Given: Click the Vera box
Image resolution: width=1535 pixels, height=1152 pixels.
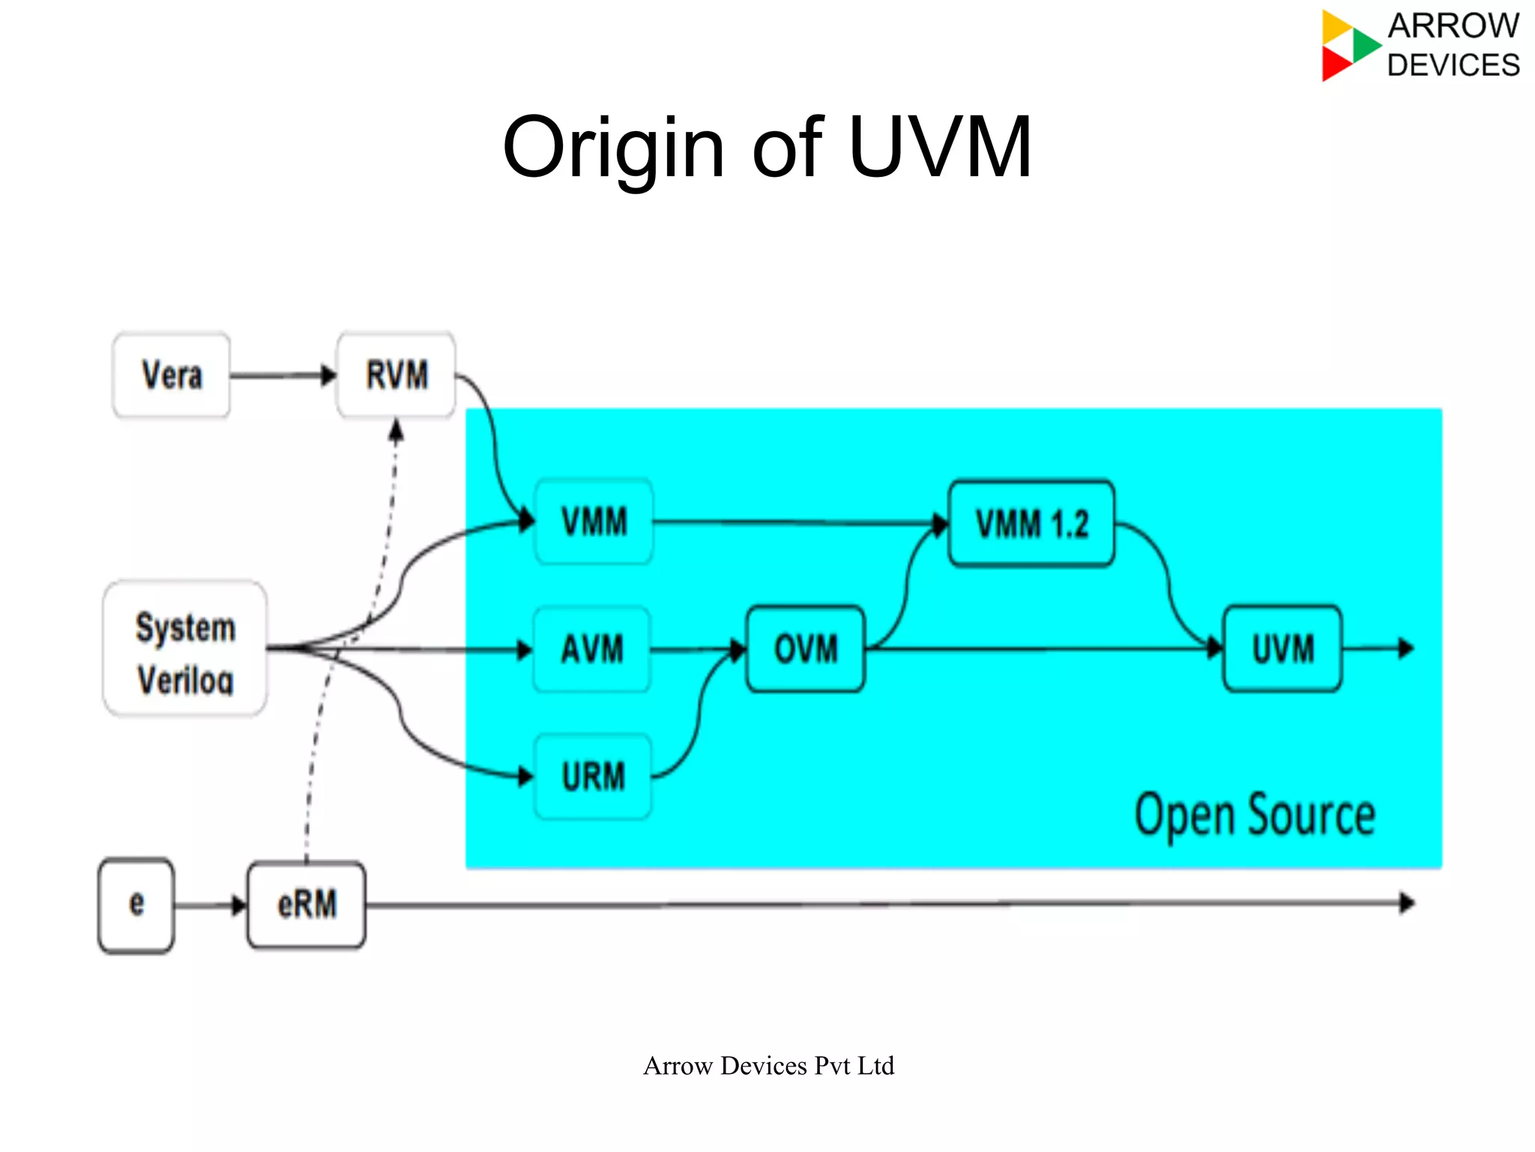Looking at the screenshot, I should (x=172, y=375).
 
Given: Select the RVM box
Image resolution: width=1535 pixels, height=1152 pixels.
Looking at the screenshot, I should (x=396, y=375).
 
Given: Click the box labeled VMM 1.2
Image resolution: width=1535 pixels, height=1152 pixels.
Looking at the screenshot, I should (x=1031, y=523).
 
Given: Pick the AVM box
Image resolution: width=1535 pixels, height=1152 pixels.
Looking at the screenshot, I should (x=591, y=649).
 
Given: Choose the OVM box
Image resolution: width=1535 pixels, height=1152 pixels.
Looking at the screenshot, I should (x=806, y=649).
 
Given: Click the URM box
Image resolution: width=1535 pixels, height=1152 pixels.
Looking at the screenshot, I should (x=593, y=776).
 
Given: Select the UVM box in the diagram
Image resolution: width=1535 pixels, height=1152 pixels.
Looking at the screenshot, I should (x=1282, y=649).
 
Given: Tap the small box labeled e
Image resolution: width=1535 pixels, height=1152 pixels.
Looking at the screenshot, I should (x=136, y=905).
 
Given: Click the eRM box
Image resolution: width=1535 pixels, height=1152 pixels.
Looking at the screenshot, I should (x=307, y=905).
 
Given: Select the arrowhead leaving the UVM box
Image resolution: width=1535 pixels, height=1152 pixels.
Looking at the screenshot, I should (x=1405, y=648).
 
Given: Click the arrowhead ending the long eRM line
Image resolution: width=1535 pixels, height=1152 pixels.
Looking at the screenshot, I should (x=1407, y=903).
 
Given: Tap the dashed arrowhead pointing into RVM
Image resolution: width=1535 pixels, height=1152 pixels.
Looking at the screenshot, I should (x=396, y=431).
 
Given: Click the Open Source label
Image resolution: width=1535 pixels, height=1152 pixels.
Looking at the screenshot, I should (x=1255, y=815).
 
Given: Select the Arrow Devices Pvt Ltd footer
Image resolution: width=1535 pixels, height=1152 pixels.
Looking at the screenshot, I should (x=768, y=1066).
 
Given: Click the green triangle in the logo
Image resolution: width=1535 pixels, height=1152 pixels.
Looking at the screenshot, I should (x=1366, y=43).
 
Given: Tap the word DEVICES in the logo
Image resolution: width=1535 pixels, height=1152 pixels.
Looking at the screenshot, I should (x=1453, y=66).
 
